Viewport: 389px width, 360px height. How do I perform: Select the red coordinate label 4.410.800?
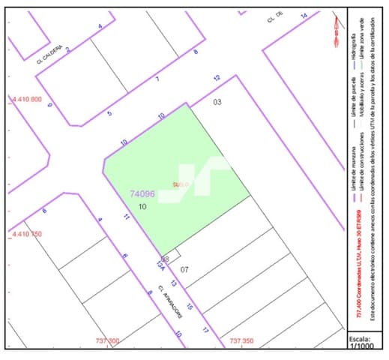click(26, 99)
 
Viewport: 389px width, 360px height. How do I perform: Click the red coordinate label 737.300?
click(107, 341)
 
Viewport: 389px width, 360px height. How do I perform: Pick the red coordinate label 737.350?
click(241, 341)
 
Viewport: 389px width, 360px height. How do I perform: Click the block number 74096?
click(143, 193)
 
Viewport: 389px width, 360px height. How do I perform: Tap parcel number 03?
click(218, 101)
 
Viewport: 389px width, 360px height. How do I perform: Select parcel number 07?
click(184, 269)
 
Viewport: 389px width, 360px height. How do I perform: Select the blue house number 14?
click(304, 15)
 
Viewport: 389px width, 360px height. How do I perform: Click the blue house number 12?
click(217, 78)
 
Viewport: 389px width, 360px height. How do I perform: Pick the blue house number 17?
click(205, 329)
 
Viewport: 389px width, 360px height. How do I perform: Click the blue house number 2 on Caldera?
click(67, 49)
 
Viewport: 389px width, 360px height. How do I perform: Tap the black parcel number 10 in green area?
click(142, 205)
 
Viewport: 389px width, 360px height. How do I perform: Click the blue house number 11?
click(127, 217)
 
